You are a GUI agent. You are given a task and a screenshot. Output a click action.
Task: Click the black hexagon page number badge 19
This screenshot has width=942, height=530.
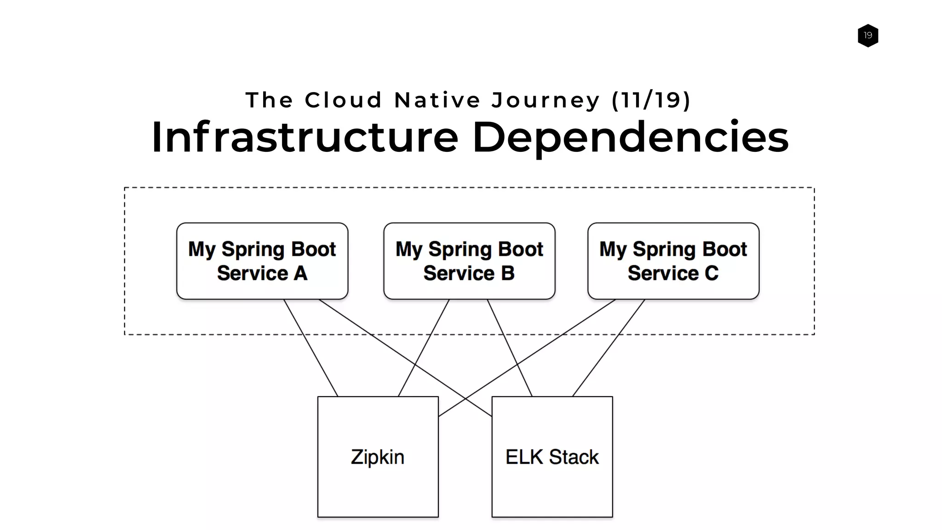pos(867,35)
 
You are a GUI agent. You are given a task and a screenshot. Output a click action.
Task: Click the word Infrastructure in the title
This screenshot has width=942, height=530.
pos(304,137)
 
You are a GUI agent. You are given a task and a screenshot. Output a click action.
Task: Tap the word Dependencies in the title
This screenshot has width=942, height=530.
pos(630,137)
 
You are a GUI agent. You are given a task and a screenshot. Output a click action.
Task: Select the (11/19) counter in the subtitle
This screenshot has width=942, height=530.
pos(651,100)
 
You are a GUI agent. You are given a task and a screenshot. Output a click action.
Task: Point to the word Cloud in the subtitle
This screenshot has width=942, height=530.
pos(343,100)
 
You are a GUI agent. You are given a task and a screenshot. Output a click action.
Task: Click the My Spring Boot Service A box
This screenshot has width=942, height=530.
pos(262,261)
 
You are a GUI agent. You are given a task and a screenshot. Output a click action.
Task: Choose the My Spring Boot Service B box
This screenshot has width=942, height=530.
pos(469,261)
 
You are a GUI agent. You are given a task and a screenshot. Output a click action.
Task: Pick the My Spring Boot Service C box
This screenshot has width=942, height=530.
pos(673,261)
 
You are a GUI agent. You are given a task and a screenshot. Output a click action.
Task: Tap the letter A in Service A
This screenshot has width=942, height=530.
pos(300,273)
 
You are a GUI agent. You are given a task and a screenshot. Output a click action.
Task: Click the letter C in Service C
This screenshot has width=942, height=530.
pos(711,273)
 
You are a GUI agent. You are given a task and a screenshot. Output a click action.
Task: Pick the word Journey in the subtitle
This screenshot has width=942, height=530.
pos(546,100)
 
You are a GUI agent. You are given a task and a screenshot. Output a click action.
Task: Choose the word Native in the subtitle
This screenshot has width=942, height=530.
pos(437,100)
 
